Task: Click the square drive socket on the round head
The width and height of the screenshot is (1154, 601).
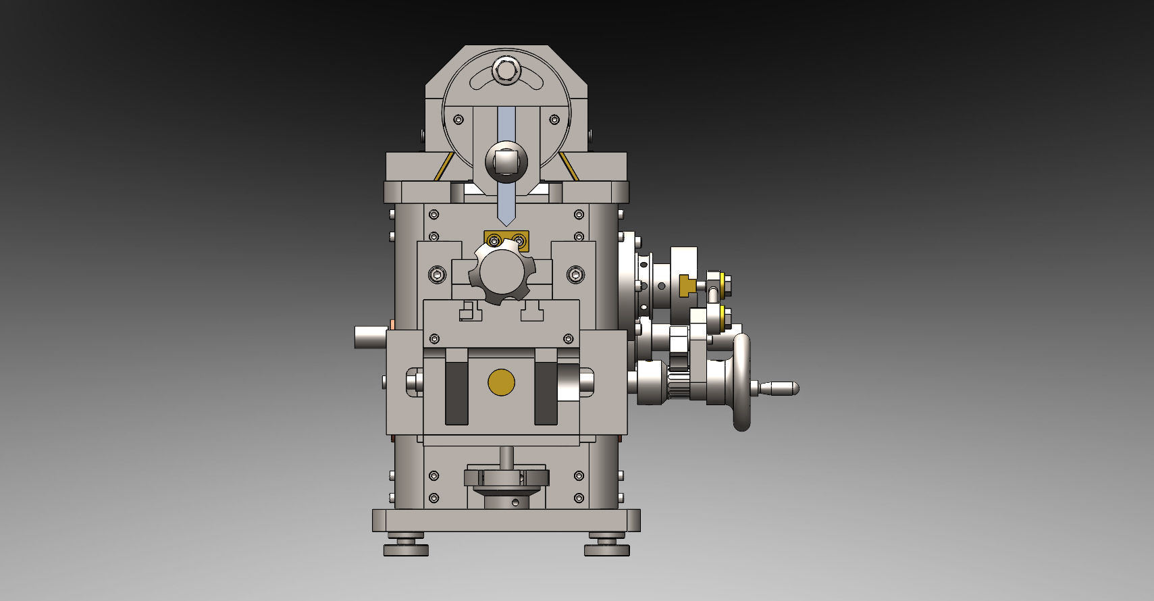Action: pos(506,162)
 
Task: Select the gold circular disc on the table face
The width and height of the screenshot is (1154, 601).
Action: pos(501,382)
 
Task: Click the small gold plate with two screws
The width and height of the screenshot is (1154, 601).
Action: pos(506,240)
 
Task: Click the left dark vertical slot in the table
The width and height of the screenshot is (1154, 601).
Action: pos(457,393)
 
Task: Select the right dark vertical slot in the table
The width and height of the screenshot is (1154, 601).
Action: pos(546,393)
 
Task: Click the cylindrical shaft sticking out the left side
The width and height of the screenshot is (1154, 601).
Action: pos(370,336)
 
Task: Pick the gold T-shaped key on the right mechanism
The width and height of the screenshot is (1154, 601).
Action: pos(687,285)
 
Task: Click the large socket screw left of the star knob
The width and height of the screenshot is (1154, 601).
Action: pos(438,274)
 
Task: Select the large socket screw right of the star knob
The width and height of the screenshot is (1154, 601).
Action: pos(575,274)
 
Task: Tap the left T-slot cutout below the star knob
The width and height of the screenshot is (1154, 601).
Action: pos(469,312)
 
